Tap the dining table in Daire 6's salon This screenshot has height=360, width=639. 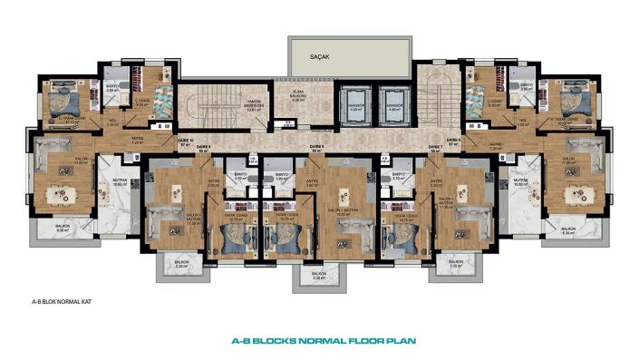(x=576, y=194)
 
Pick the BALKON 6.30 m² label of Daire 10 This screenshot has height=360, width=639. (x=62, y=229)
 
